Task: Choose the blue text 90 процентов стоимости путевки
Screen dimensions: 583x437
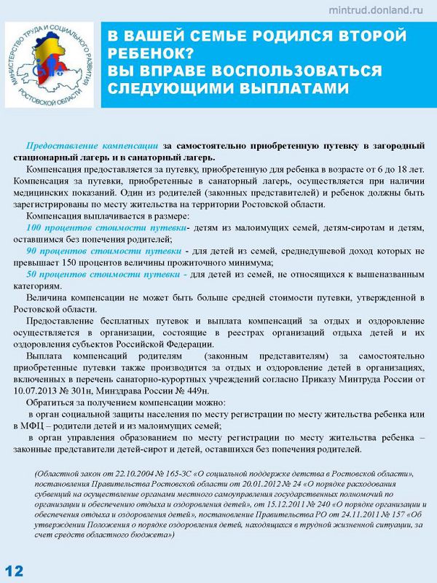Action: pyautogui.click(x=104, y=251)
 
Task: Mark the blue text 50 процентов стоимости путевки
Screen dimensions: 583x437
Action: pyautogui.click(x=104, y=274)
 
